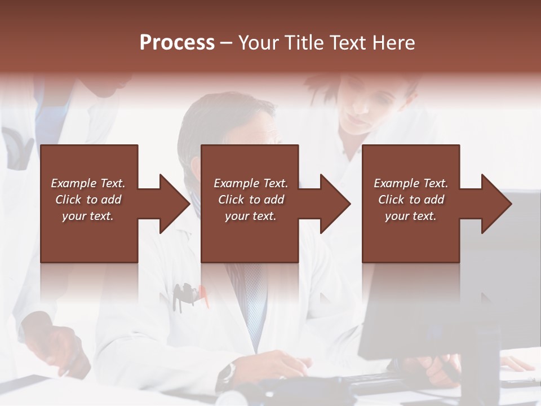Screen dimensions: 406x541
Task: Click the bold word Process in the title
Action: click(177, 42)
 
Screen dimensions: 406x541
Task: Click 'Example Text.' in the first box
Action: click(88, 183)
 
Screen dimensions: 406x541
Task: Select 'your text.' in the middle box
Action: click(250, 216)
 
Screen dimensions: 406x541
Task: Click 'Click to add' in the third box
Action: click(411, 200)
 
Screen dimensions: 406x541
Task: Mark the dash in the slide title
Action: click(227, 43)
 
